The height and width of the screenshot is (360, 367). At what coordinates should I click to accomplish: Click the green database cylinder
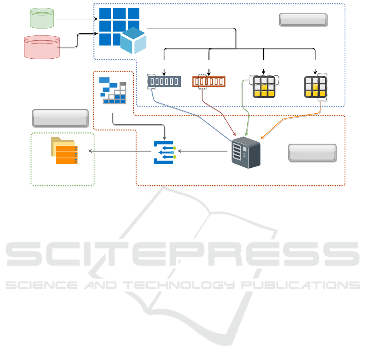(x=42, y=18)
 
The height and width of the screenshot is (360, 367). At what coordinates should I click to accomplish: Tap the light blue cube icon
(x=133, y=41)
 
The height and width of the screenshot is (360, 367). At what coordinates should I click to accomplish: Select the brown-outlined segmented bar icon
(x=209, y=81)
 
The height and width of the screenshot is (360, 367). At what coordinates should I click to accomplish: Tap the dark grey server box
(x=246, y=152)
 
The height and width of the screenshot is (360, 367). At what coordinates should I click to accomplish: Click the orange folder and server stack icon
(x=64, y=150)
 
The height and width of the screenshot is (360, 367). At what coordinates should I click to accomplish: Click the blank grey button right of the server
(x=312, y=153)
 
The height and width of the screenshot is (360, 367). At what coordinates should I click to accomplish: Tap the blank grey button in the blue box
(x=303, y=20)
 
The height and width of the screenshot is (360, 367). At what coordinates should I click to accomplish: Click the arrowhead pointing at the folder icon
(x=90, y=151)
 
